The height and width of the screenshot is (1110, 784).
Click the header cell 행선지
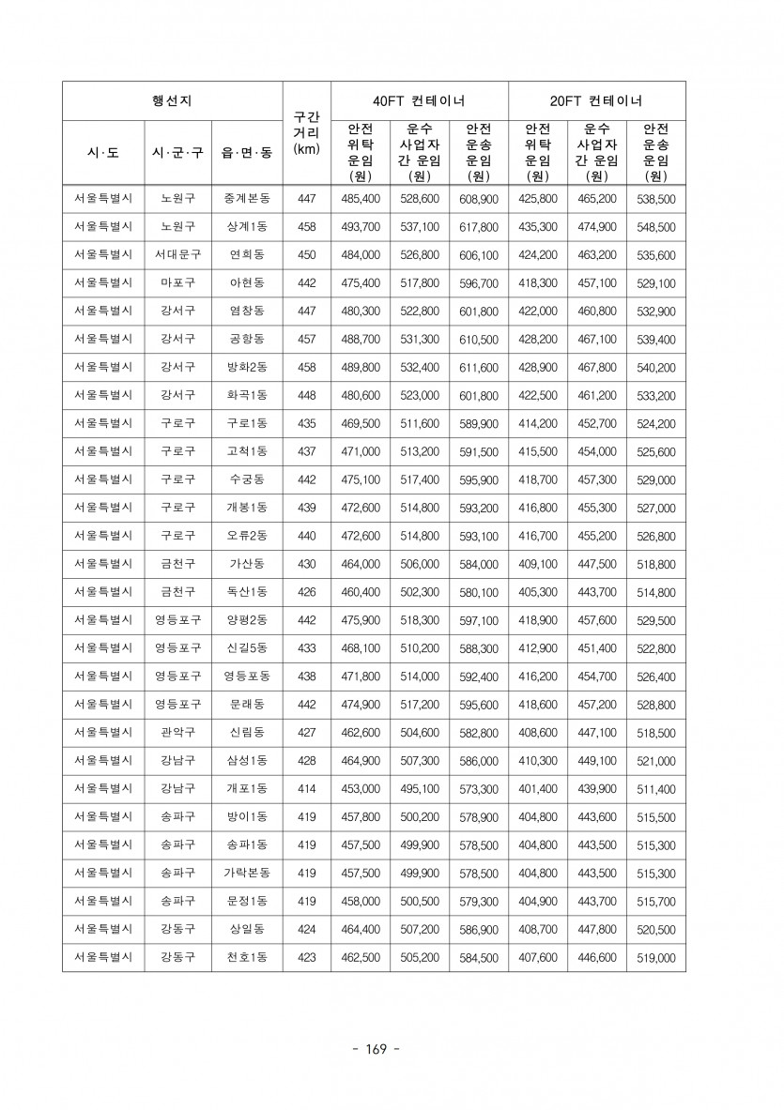tap(172, 100)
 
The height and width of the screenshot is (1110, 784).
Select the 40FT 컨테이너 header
tap(419, 100)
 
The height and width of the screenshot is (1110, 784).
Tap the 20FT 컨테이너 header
tap(596, 100)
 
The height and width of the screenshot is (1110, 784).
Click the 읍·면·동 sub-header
tap(247, 151)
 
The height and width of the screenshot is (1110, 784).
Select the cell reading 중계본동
tap(247, 199)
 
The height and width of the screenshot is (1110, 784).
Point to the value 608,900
tap(479, 199)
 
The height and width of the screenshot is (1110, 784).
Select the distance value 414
tap(306, 789)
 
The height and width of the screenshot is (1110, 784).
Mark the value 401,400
tap(538, 789)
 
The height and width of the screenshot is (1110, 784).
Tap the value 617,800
tap(479, 227)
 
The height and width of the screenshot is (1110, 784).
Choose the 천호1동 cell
tap(247, 958)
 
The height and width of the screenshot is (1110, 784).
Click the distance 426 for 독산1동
tap(306, 592)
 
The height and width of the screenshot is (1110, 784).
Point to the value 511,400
tap(655, 789)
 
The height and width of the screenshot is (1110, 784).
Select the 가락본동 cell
tap(247, 874)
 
